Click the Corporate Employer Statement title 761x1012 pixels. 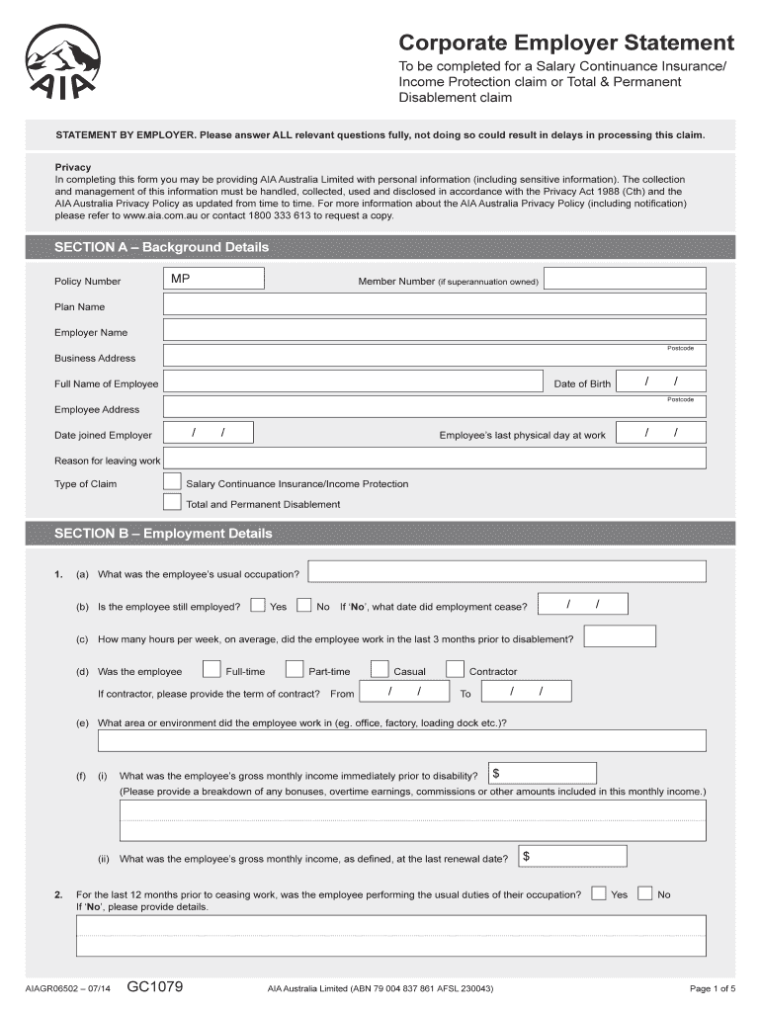click(566, 42)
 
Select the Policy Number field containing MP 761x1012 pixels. click(213, 280)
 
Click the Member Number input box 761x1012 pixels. click(625, 280)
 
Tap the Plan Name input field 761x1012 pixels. click(434, 305)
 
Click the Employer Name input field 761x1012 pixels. click(434, 330)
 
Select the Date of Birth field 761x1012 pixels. click(660, 381)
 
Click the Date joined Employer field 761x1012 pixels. click(209, 433)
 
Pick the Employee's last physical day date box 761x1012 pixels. click(660, 433)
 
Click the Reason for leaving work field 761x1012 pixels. click(434, 459)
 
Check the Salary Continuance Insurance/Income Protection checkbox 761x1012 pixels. click(172, 482)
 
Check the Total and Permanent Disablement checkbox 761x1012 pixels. click(172, 502)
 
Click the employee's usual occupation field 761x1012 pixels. click(507, 572)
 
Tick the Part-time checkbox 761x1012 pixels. click(294, 670)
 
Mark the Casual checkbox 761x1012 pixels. click(380, 670)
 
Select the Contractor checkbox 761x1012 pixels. click(455, 670)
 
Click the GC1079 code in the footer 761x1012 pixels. click(154, 986)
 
